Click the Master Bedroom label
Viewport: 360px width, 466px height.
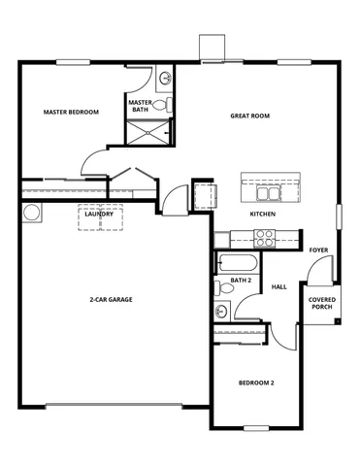71,112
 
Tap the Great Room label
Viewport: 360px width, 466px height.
249,116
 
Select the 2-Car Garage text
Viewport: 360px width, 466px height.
110,299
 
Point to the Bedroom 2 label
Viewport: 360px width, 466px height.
256,383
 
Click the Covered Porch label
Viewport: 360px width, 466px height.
322,304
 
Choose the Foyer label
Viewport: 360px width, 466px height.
317,250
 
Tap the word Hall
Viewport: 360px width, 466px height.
279,286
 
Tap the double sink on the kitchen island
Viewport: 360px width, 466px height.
262,182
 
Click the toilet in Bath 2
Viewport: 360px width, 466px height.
225,285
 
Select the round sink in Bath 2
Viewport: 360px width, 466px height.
222,312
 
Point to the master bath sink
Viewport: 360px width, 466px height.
165,77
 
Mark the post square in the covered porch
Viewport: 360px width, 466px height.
336,320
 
